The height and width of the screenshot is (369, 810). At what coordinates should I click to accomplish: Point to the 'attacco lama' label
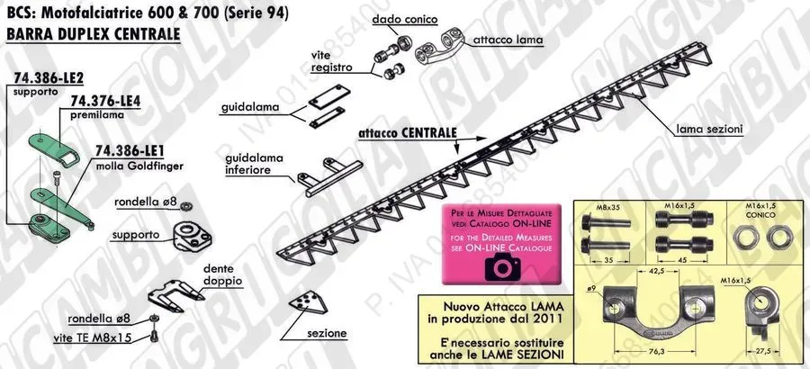(503, 40)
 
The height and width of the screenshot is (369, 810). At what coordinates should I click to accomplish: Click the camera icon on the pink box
(499, 266)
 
